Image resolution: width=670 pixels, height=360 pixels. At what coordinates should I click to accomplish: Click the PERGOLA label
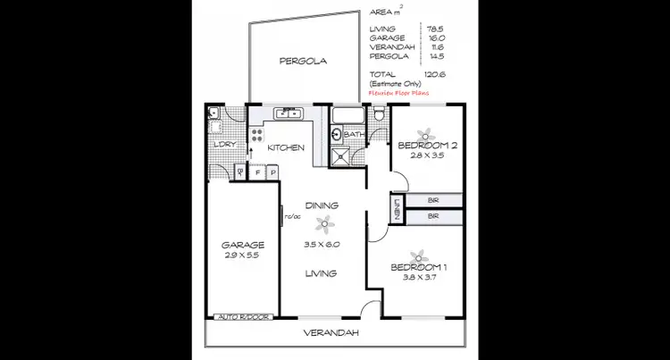[303, 62]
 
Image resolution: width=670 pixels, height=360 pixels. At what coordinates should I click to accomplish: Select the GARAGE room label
[243, 244]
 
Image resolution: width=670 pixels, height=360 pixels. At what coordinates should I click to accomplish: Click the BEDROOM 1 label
[419, 267]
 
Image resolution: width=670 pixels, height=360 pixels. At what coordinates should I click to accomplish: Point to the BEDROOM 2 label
[428, 145]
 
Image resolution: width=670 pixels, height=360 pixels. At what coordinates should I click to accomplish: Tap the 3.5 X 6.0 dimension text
[322, 244]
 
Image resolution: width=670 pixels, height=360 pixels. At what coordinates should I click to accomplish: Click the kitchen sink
[289, 113]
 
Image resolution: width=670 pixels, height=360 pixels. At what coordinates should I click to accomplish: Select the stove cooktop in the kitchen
[257, 135]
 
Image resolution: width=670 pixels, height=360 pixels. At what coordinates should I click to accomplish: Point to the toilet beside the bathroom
[380, 113]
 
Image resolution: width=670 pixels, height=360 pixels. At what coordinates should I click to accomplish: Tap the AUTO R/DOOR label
[241, 316]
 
